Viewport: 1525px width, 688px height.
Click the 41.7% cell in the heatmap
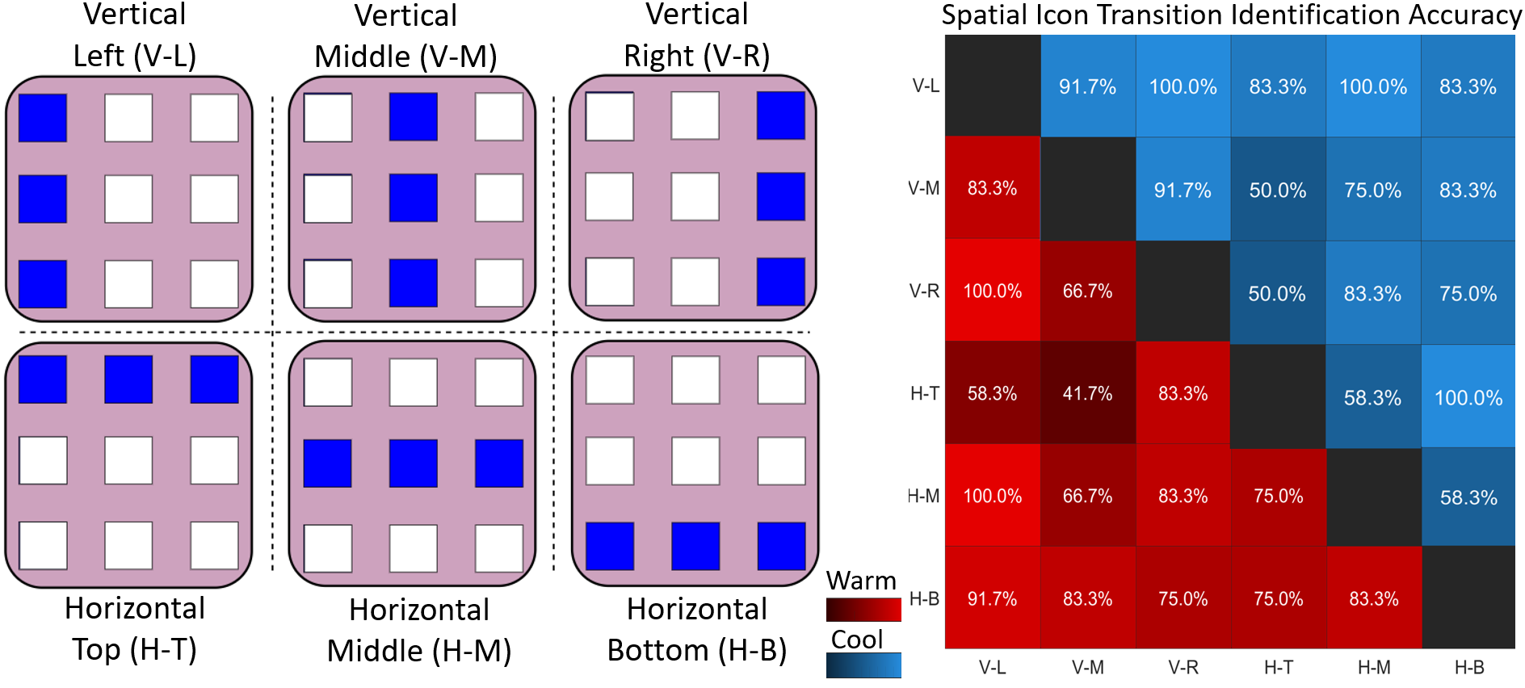coord(1087,393)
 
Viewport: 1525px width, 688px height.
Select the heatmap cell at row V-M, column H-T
coord(1278,190)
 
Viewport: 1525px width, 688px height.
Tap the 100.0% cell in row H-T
coord(1468,397)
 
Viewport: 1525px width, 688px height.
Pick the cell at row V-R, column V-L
coord(993,291)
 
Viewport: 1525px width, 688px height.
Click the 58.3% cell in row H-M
coord(1468,497)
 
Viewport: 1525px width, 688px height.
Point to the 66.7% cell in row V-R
coord(1087,291)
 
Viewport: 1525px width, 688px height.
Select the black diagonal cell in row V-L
coord(993,86)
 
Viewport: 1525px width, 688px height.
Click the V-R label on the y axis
coord(924,291)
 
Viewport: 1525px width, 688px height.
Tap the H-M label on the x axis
coord(1373,668)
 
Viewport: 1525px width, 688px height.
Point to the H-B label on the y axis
coord(924,598)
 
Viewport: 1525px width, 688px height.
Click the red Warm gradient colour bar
coord(863,610)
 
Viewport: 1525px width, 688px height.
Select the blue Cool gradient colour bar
coord(863,665)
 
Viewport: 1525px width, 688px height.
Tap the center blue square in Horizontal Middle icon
coord(414,464)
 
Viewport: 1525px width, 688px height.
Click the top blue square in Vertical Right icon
coord(781,115)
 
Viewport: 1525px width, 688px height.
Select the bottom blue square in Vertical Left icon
coord(43,283)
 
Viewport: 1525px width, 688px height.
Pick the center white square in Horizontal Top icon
coord(128,460)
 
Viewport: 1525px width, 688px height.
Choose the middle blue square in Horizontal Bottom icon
coord(695,546)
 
